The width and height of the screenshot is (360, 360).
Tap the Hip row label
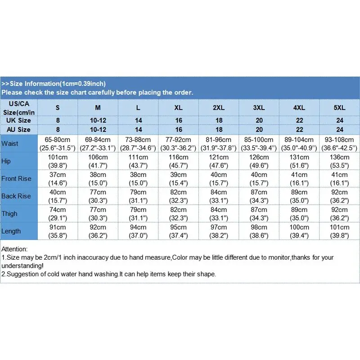pos(6,161)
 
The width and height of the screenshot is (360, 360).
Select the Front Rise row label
pos(16,179)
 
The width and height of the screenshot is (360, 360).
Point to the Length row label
pos(11,231)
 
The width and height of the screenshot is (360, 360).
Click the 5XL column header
pos(339,108)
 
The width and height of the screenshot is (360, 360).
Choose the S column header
pos(58,108)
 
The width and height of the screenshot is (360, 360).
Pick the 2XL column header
pos(219,108)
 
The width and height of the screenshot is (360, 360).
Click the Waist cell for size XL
pos(179,144)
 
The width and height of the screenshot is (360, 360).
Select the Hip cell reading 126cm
pos(259,161)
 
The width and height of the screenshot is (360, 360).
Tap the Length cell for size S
pos(58,231)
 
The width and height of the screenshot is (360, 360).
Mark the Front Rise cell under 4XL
pos(299,179)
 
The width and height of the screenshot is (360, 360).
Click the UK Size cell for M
pos(98,121)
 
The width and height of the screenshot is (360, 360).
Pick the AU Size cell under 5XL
pos(339,130)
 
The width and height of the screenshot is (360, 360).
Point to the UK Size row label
pos(18,121)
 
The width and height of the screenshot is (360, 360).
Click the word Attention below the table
pos(14,249)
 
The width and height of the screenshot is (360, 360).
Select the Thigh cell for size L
pos(138,214)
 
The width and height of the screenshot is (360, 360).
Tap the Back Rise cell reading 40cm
pos(58,196)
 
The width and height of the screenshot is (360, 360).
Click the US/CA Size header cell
pos(18,108)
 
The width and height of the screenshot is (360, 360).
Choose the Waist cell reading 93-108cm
pos(339,144)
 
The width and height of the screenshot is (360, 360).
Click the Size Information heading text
pos(54,84)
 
